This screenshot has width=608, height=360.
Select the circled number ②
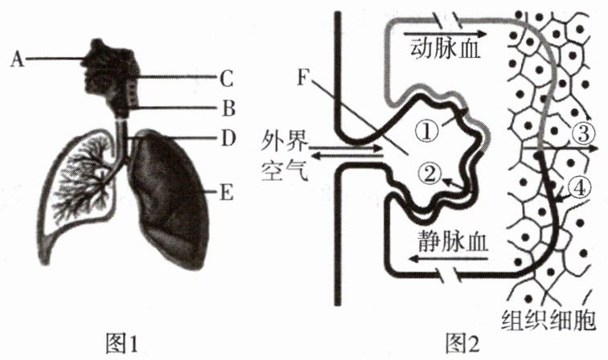point(430,170)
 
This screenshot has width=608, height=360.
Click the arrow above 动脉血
point(450,35)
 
